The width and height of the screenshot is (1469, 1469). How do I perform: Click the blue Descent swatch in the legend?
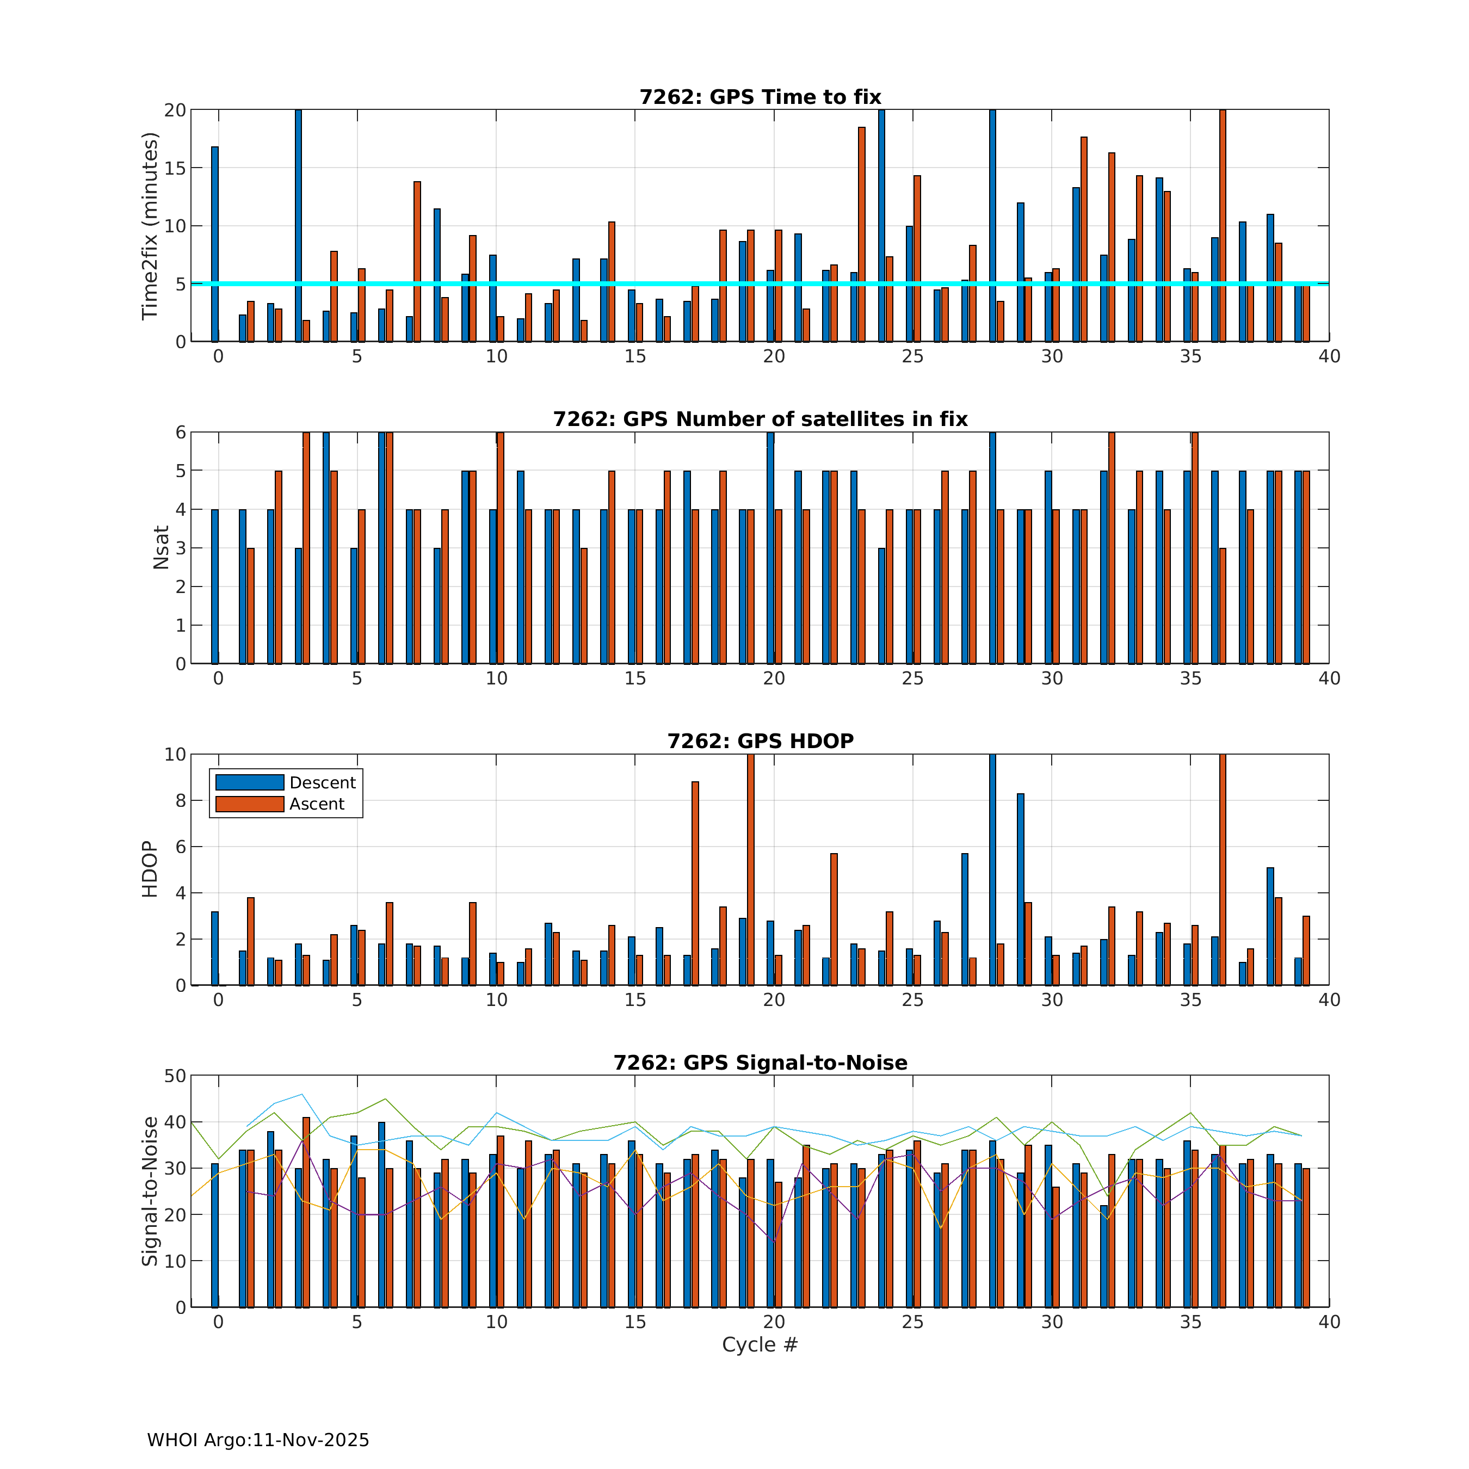point(249,782)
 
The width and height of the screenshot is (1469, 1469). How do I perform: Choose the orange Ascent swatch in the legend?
point(249,804)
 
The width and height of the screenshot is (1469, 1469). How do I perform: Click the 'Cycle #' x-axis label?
point(760,1344)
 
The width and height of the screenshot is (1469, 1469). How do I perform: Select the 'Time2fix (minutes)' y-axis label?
point(150,226)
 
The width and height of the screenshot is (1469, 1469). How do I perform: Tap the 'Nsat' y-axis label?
point(161,547)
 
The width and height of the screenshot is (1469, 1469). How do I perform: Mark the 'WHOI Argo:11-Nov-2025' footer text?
point(258,1440)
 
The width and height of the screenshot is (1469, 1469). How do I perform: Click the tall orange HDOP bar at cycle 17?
point(695,882)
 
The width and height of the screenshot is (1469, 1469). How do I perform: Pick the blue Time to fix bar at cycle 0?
point(214,243)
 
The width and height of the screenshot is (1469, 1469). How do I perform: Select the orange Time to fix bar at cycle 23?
point(861,234)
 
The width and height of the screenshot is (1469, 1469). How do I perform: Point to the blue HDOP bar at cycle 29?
point(1020,889)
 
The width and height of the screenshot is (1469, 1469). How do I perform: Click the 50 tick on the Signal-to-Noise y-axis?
point(175,1076)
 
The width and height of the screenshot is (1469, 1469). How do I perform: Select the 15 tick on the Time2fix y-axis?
point(175,168)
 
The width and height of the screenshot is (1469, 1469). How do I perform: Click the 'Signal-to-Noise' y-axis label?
point(150,1192)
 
